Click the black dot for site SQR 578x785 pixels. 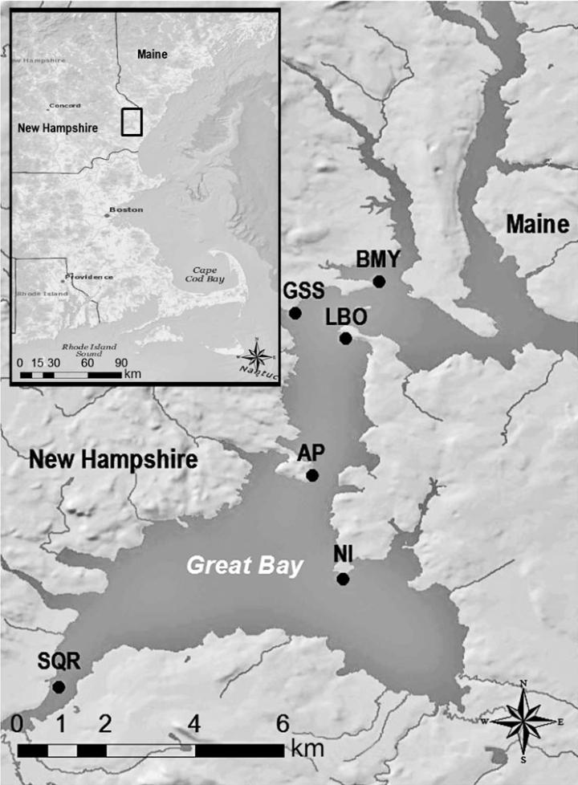pos(59,686)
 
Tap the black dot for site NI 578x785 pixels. pos(343,579)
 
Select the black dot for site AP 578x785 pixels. pos(312,475)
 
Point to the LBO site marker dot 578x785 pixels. pos(345,338)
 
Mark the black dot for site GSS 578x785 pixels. pos(295,312)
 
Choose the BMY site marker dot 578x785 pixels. pos(379,281)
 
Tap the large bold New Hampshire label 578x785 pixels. pos(112,460)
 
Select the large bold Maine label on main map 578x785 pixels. pos(537,225)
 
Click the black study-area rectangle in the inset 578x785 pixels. pos(131,121)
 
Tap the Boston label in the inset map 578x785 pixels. pos(126,209)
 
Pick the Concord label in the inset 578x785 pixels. pos(65,105)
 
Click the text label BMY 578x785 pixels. pos(377,259)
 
